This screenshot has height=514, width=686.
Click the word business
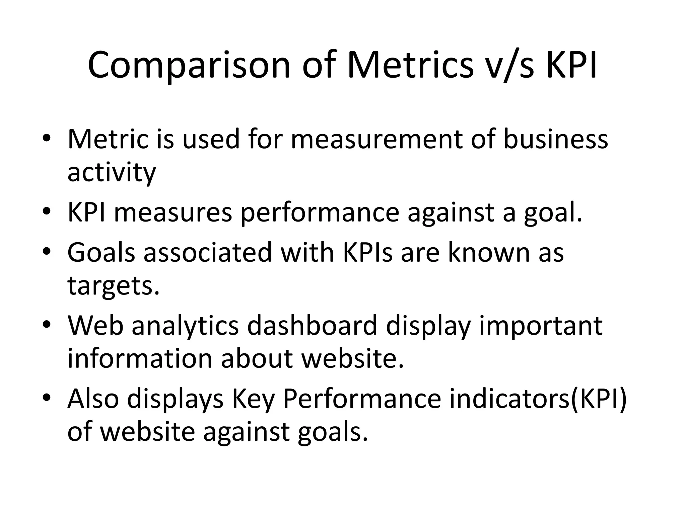pyautogui.click(x=556, y=139)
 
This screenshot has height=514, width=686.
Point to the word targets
pyautogui.click(x=113, y=286)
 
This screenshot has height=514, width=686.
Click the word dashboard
pyautogui.click(x=312, y=325)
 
